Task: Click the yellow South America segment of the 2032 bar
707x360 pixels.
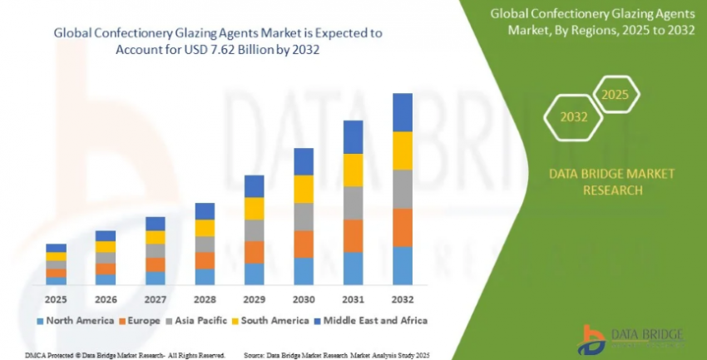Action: click(x=403, y=150)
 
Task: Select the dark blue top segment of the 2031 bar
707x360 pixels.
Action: click(x=353, y=137)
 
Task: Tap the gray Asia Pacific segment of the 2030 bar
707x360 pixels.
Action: click(x=304, y=216)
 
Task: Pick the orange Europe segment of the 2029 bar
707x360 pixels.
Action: click(x=254, y=252)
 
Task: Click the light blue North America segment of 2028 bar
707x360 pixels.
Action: click(x=205, y=276)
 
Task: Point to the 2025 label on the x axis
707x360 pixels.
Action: click(x=56, y=299)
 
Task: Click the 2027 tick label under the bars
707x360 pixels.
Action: click(x=155, y=299)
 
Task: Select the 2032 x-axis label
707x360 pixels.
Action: click(x=403, y=299)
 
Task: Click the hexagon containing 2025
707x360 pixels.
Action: click(x=615, y=95)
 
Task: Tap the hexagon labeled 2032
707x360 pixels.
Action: click(x=571, y=118)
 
